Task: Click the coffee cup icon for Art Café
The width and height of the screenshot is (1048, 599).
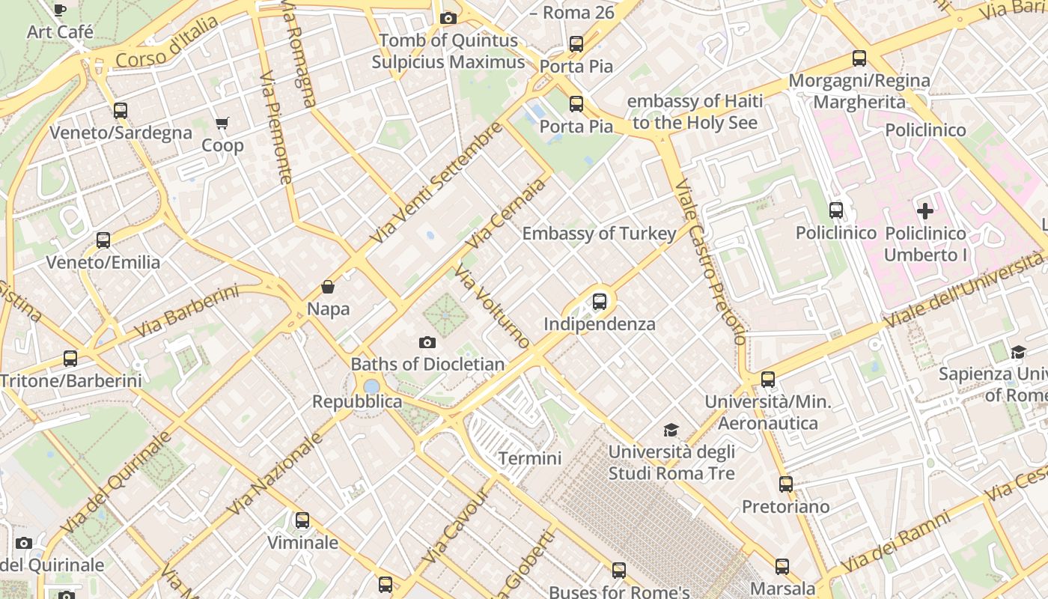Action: click(60, 10)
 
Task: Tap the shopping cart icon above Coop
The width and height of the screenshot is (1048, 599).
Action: click(222, 123)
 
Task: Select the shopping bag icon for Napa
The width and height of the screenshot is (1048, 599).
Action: click(328, 287)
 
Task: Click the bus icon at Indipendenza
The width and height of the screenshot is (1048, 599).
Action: click(599, 302)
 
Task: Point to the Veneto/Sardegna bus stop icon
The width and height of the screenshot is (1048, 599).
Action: click(121, 111)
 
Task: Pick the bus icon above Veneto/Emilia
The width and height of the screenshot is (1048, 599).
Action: click(103, 240)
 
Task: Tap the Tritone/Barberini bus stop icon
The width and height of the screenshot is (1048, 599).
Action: click(70, 359)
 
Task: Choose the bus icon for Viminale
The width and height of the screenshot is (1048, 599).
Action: click(302, 520)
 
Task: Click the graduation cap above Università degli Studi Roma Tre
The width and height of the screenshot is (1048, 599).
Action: click(671, 430)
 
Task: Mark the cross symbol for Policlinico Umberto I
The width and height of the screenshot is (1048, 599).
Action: click(925, 211)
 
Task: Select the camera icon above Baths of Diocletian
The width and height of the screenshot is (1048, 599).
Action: click(427, 342)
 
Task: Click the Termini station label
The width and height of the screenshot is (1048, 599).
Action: click(530, 457)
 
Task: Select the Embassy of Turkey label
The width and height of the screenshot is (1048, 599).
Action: click(599, 234)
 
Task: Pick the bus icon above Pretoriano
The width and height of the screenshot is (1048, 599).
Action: click(785, 484)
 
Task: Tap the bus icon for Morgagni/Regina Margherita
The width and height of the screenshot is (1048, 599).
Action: click(859, 58)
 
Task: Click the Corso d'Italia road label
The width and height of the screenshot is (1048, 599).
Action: click(167, 43)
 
